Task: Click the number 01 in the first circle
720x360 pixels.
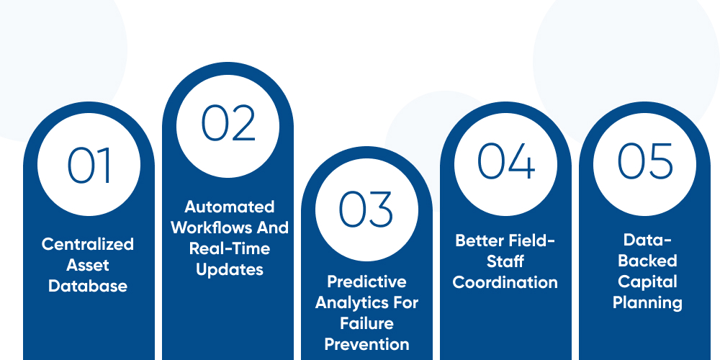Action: pos(89,166)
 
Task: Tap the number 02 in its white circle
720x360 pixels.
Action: pos(228,123)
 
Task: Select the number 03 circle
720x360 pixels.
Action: pos(367,208)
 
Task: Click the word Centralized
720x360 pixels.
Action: pos(88,244)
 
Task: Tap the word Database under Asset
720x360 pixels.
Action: pos(88,286)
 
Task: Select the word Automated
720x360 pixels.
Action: pos(230,207)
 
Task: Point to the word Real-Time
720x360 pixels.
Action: pos(230,248)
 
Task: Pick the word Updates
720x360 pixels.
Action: pos(230,269)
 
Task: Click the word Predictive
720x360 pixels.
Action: pos(366,282)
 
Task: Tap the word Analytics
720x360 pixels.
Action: pos(348,302)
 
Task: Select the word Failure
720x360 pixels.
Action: pos(366,323)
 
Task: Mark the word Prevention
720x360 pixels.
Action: pos(366,344)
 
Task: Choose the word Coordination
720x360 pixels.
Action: pos(505,282)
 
